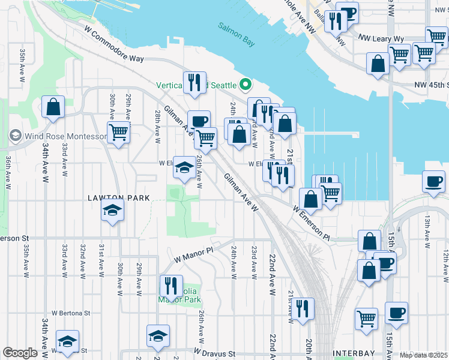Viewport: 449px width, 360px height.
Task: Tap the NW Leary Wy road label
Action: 381,39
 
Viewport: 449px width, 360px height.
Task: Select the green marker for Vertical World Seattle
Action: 244,85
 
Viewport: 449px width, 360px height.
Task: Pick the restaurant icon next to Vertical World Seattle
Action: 194,83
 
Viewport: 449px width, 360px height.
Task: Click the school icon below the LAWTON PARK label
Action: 112,211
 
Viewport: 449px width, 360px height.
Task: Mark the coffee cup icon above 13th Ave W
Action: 433,181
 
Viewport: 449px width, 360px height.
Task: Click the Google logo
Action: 20,353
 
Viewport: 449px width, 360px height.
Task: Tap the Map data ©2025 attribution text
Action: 423,355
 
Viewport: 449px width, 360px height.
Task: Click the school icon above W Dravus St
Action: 158,336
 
